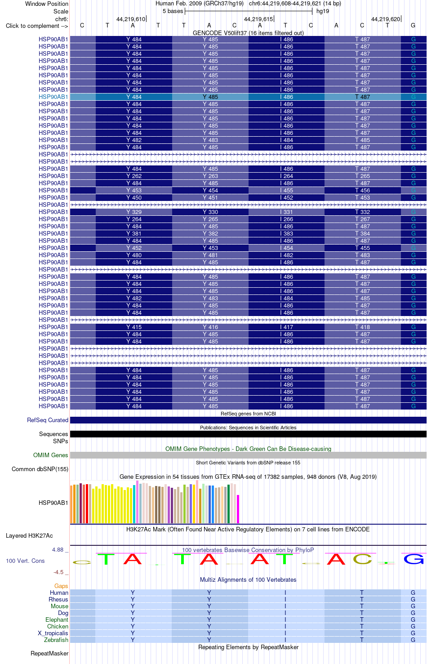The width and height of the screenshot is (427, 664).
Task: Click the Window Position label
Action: point(47,4)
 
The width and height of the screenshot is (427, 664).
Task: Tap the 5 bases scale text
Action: point(173,11)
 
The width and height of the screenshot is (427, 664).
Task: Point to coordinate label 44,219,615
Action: point(258,19)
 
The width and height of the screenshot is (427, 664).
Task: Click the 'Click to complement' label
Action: point(37,26)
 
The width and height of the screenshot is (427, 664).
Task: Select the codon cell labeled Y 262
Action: point(134,176)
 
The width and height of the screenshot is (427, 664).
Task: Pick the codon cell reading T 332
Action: point(363,212)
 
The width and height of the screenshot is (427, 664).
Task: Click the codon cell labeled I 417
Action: point(287,327)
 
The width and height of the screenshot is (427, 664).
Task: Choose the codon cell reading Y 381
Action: point(134,234)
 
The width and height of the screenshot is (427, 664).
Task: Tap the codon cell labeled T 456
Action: point(363,190)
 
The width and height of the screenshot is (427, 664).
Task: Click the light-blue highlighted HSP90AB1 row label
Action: point(53,97)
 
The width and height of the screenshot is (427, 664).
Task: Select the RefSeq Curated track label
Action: point(48,420)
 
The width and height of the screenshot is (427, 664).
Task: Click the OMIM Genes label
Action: point(51,455)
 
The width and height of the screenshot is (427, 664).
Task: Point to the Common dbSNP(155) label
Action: point(40,469)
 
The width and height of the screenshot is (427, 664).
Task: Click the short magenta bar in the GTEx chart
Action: point(238,509)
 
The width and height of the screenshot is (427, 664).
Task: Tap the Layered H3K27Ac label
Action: point(29,535)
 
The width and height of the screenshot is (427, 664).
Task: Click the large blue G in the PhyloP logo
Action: point(414,559)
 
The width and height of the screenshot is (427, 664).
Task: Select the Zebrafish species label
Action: point(56,640)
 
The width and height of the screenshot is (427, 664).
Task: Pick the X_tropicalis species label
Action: point(53,633)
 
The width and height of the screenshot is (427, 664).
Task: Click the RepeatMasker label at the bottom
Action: point(49,653)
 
